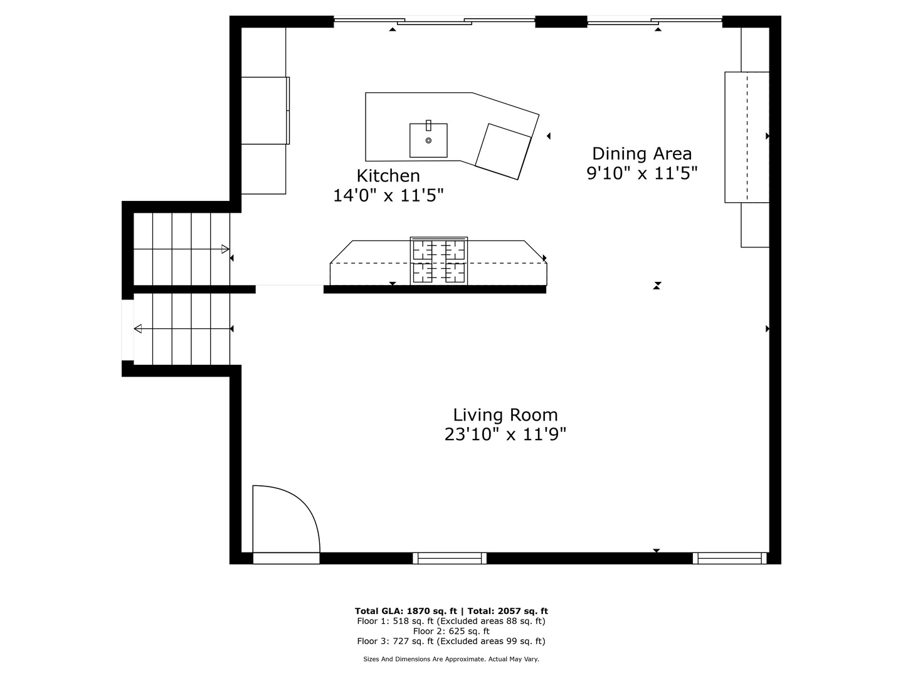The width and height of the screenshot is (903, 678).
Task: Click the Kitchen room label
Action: coord(388,176)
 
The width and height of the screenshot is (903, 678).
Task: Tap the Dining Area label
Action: coord(642,154)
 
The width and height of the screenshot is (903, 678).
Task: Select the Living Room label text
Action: coord(505,415)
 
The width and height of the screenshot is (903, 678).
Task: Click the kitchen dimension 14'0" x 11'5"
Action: coord(388,196)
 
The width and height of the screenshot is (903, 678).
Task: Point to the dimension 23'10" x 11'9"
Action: coord(505,434)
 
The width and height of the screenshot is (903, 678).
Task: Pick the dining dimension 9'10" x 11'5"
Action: coord(642,173)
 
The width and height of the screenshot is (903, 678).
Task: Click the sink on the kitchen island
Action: coord(428,140)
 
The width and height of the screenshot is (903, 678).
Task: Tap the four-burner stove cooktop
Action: coord(439,261)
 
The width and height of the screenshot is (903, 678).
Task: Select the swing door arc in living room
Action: coord(295,512)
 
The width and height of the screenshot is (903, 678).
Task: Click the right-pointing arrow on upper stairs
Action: coord(225,249)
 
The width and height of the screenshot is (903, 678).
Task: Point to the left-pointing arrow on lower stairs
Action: coord(138,329)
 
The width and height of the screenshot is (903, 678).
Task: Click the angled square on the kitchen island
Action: coord(504,151)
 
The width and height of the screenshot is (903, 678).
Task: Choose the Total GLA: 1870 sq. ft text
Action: coord(408,611)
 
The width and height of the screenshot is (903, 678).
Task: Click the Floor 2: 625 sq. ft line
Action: coord(451,631)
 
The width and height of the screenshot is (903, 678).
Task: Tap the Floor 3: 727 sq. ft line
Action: coord(451,641)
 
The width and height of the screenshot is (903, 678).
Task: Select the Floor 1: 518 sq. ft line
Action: coord(451,621)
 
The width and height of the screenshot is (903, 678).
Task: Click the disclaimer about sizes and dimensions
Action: coord(451,659)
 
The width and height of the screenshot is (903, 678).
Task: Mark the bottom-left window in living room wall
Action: coord(450,558)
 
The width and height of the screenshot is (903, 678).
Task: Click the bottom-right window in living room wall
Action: coord(729,558)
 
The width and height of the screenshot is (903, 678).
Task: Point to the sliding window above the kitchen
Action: coord(434,22)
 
